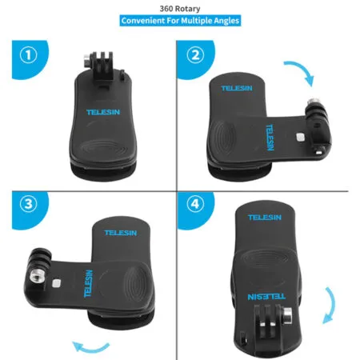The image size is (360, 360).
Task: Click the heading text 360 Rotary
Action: pyautogui.click(x=179, y=7)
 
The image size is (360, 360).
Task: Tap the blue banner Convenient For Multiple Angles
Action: pyautogui.click(x=179, y=21)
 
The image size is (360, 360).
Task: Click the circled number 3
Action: pyautogui.click(x=28, y=203)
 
